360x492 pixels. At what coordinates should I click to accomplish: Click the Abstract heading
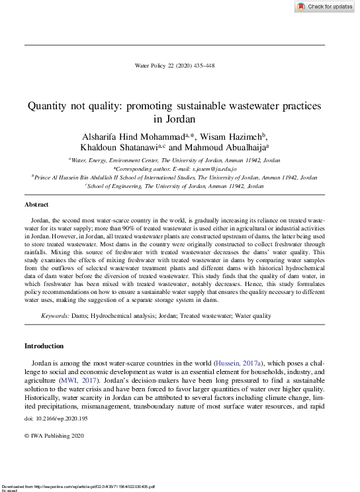tap(36, 205)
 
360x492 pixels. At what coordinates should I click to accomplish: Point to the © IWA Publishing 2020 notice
tap(54, 436)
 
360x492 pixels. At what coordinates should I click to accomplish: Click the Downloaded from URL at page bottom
tap(78, 487)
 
